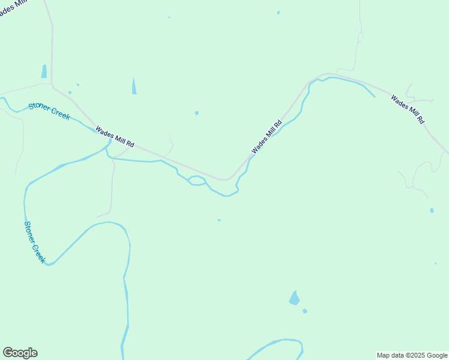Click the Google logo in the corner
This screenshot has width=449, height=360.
20,353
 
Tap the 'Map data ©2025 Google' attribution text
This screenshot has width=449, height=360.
412,355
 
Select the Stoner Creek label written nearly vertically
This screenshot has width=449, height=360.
35,242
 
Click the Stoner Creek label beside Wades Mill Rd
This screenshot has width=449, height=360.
49,111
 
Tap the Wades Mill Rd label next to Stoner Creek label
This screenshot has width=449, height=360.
114,136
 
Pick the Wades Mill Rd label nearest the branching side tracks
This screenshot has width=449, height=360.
408,109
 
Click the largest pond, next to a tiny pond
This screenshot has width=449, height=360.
294,298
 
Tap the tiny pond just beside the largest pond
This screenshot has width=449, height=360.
305,311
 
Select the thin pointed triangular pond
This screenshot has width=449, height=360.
134,87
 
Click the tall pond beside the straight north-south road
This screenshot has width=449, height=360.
44,71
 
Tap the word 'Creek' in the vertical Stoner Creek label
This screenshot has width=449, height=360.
38,253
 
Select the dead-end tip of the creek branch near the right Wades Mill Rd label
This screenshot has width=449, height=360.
375,97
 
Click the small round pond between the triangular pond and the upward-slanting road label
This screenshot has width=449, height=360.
197,113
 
